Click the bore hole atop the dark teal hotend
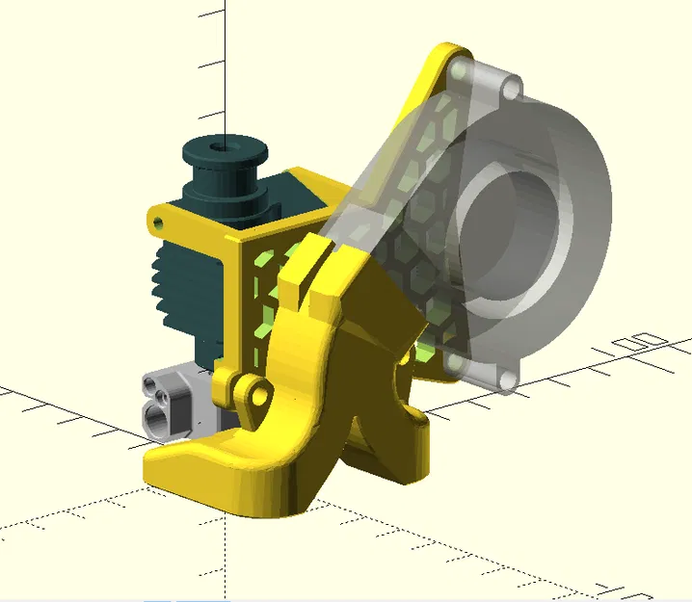224,148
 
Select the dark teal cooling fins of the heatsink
179,280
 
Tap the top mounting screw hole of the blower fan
461,69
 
